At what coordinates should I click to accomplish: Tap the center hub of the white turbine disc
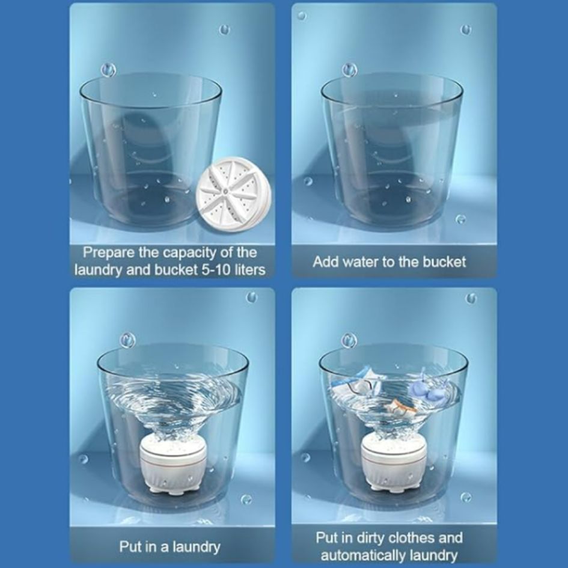(x=225, y=190)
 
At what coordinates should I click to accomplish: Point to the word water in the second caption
(x=363, y=261)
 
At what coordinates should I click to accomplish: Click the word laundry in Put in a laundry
(x=195, y=546)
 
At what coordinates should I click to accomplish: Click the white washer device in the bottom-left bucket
(x=172, y=465)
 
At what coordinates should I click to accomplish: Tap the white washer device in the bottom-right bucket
(x=394, y=465)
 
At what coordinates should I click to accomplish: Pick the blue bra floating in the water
(x=427, y=388)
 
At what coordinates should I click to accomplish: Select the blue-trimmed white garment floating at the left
(x=357, y=383)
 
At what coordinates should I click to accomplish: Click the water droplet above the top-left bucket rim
(x=108, y=70)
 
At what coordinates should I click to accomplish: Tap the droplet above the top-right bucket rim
(x=350, y=69)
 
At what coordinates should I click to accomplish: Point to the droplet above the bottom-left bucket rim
(x=128, y=340)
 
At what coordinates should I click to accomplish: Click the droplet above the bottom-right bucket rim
(x=349, y=340)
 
